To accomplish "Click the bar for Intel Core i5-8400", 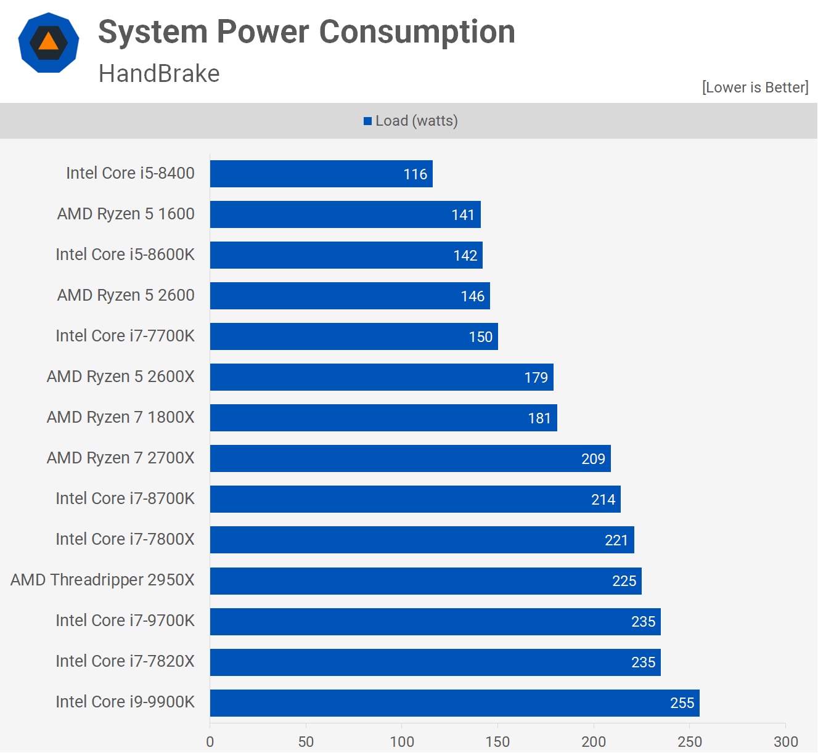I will [321, 174].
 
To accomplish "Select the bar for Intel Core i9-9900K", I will [454, 702].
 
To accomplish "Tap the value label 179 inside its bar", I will [536, 378].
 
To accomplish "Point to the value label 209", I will [593, 459].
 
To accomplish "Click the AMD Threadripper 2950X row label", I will [102, 580].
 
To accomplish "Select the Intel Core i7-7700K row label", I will [125, 336].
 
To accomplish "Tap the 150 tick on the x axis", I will [497, 741].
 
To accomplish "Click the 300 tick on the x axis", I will [785, 741].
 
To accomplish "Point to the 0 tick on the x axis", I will [210, 741].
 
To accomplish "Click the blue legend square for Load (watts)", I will [368, 121].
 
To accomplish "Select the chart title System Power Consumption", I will [306, 32].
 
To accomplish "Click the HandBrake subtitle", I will [159, 74].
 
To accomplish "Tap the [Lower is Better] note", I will [755, 88].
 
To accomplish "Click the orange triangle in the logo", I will [48, 42].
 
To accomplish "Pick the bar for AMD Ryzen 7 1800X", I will [383, 418].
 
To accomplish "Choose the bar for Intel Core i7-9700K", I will [435, 621].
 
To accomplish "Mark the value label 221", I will [616, 540].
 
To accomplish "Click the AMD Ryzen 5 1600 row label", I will [126, 214].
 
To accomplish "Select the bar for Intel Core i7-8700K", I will [415, 499].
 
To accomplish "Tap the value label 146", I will [472, 296].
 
